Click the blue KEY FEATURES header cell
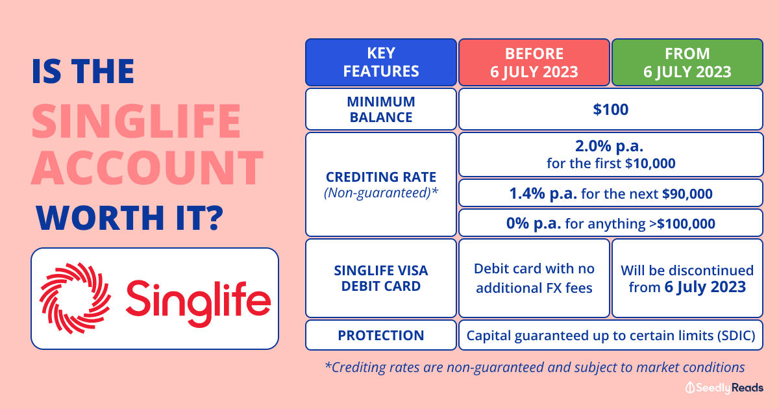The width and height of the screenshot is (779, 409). pyautogui.click(x=381, y=62)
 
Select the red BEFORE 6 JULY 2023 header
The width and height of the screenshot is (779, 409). pyautogui.click(x=534, y=62)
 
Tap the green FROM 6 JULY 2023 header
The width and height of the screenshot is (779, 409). pyautogui.click(x=687, y=62)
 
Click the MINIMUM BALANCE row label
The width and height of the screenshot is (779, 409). pyautogui.click(x=381, y=109)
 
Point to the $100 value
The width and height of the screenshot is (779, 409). pyautogui.click(x=611, y=109)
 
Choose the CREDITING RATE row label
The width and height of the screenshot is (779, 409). pyautogui.click(x=381, y=184)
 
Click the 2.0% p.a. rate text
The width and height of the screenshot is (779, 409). pyautogui.click(x=610, y=146)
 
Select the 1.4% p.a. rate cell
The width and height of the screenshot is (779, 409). pyautogui.click(x=611, y=193)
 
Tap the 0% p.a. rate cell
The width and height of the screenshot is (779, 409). pyautogui.click(x=611, y=223)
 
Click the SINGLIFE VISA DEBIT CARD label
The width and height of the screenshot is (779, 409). pyautogui.click(x=381, y=278)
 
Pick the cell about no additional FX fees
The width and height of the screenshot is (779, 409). pyautogui.click(x=534, y=278)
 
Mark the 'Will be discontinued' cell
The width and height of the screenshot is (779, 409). pyautogui.click(x=687, y=278)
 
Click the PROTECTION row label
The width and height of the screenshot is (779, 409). pyautogui.click(x=381, y=335)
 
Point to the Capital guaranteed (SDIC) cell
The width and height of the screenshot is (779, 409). pyautogui.click(x=611, y=335)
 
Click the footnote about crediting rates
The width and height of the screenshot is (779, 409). pyautogui.click(x=534, y=367)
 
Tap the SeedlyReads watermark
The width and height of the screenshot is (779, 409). pyautogui.click(x=724, y=388)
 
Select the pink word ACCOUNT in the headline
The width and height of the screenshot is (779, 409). pyautogui.click(x=147, y=167)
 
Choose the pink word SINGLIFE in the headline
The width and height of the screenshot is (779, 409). pyautogui.click(x=136, y=121)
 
